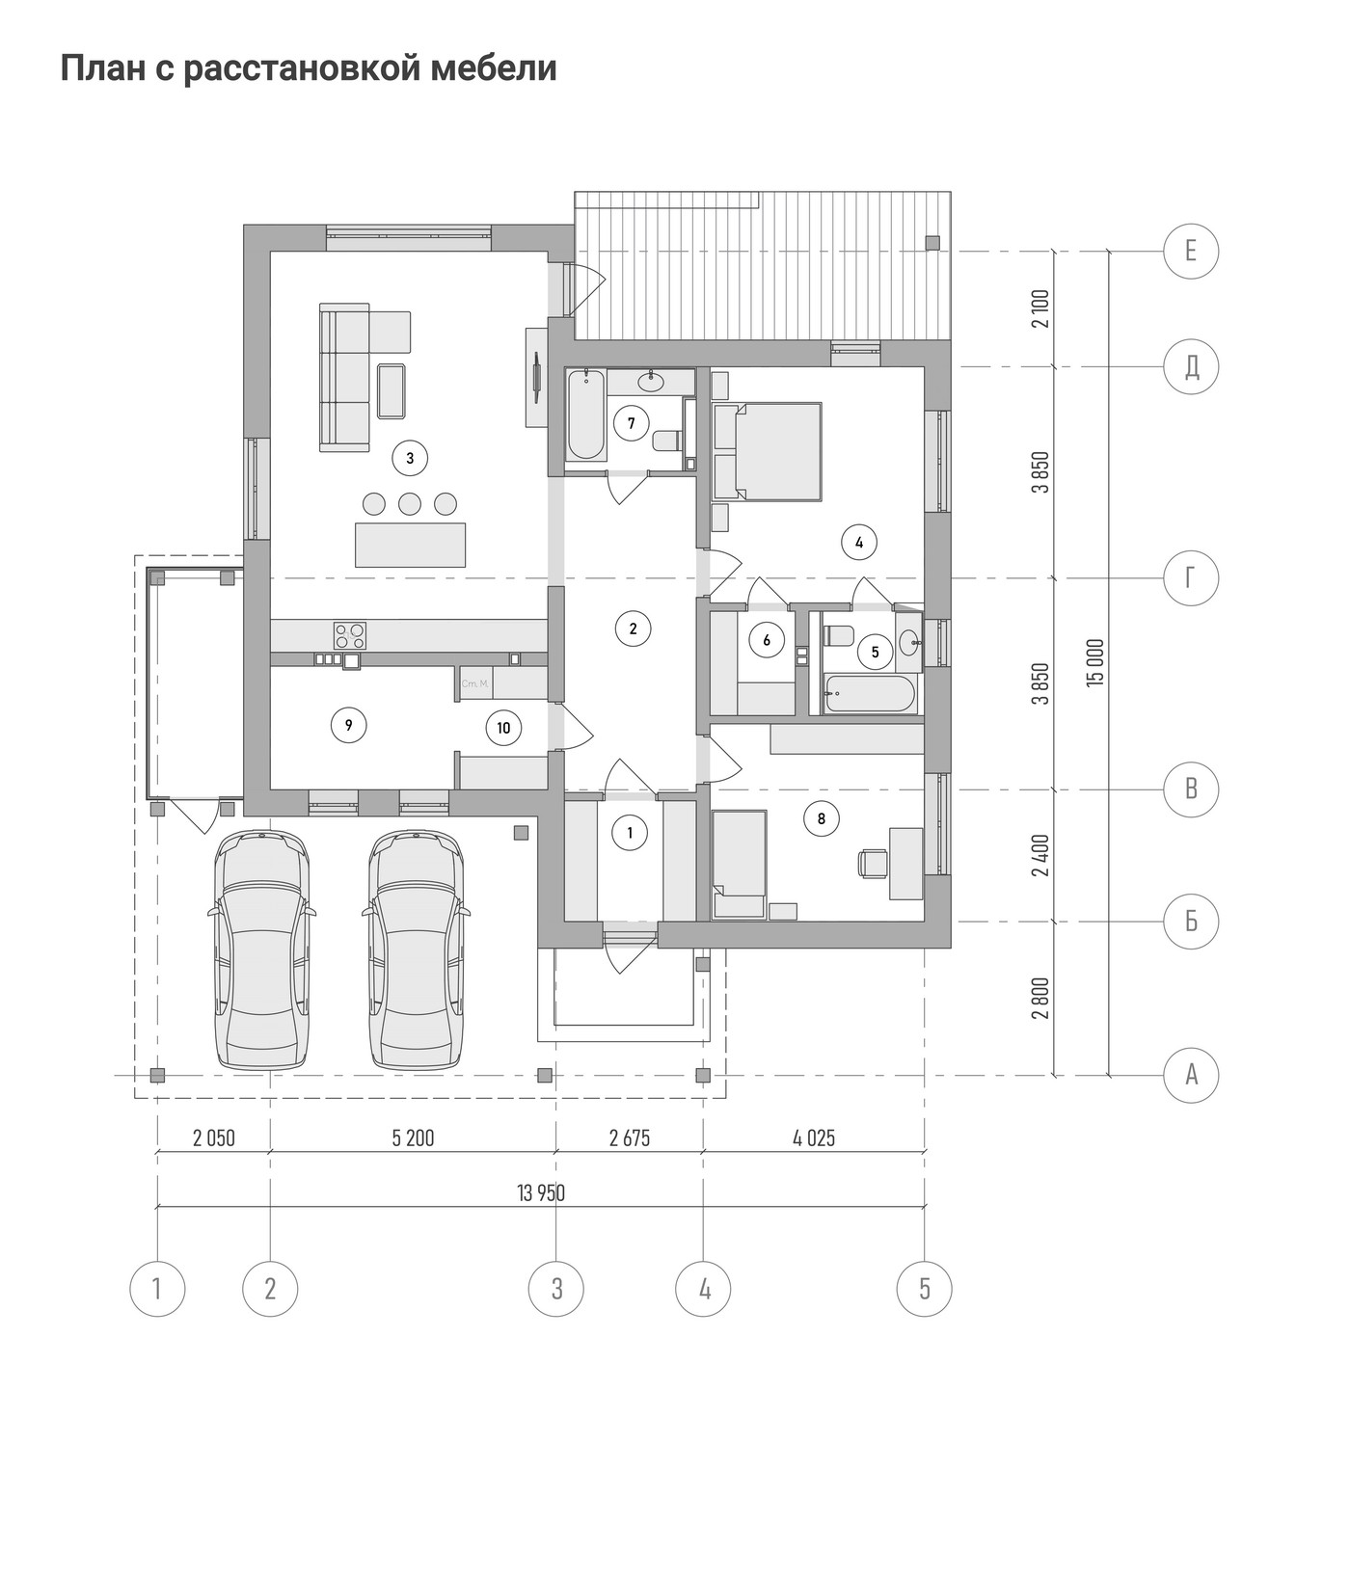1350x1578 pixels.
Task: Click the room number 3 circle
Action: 410,459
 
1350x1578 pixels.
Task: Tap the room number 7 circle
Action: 631,423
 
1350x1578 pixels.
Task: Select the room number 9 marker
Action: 348,725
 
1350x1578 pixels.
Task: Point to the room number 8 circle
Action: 821,819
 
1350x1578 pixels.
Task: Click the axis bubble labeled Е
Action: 1191,252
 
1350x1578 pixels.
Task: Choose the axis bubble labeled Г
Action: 1191,578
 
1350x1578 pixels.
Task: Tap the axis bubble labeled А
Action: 1191,1074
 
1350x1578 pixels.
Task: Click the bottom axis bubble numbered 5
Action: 925,1288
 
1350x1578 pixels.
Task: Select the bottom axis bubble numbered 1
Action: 157,1288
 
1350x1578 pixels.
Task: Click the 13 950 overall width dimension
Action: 541,1193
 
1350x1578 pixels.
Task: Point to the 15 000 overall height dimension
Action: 1093,661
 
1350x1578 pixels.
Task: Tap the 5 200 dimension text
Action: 413,1138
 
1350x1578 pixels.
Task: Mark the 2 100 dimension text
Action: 1039,309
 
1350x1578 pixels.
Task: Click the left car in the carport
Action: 261,950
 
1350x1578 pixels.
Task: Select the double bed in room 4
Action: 768,452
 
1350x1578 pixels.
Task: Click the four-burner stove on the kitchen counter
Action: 349,635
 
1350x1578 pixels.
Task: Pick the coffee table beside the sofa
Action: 391,390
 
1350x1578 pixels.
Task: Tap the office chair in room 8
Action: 873,863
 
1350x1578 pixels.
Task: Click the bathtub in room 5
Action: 870,695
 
